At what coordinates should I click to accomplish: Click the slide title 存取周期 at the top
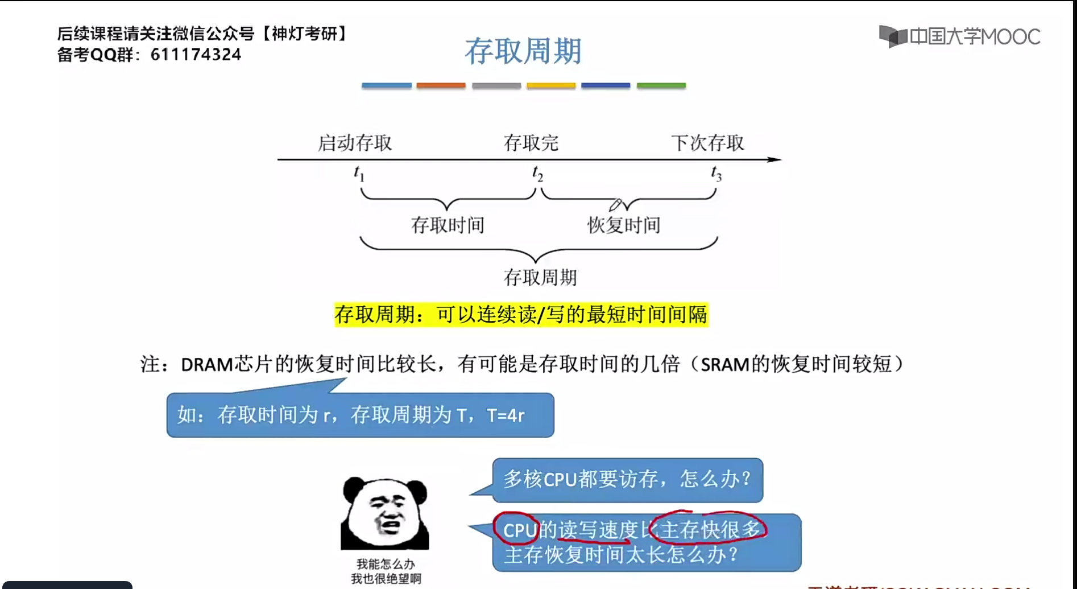pos(523,51)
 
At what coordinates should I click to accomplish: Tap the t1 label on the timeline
pos(359,173)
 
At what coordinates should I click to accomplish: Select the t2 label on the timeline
pos(537,174)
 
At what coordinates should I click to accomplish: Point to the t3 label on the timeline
pos(716,174)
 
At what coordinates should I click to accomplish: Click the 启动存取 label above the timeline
pos(354,143)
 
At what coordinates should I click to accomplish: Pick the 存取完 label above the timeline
pos(531,143)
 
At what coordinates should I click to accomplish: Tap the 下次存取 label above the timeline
pos(707,143)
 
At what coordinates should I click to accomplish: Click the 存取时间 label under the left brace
pos(448,225)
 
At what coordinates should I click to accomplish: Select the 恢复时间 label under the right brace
pos(624,225)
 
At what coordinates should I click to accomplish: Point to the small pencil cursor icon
pos(615,204)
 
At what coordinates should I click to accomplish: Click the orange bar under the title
pos(441,86)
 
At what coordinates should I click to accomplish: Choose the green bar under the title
pos(661,86)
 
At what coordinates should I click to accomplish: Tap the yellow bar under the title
pos(551,86)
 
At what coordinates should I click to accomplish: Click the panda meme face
pos(385,513)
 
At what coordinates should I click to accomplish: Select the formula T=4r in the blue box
pos(506,415)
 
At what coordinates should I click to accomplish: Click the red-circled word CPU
pos(519,530)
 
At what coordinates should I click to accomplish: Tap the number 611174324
pos(196,55)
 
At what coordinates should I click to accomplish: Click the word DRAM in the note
pos(207,364)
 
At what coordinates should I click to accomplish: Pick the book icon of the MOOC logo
pos(893,36)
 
